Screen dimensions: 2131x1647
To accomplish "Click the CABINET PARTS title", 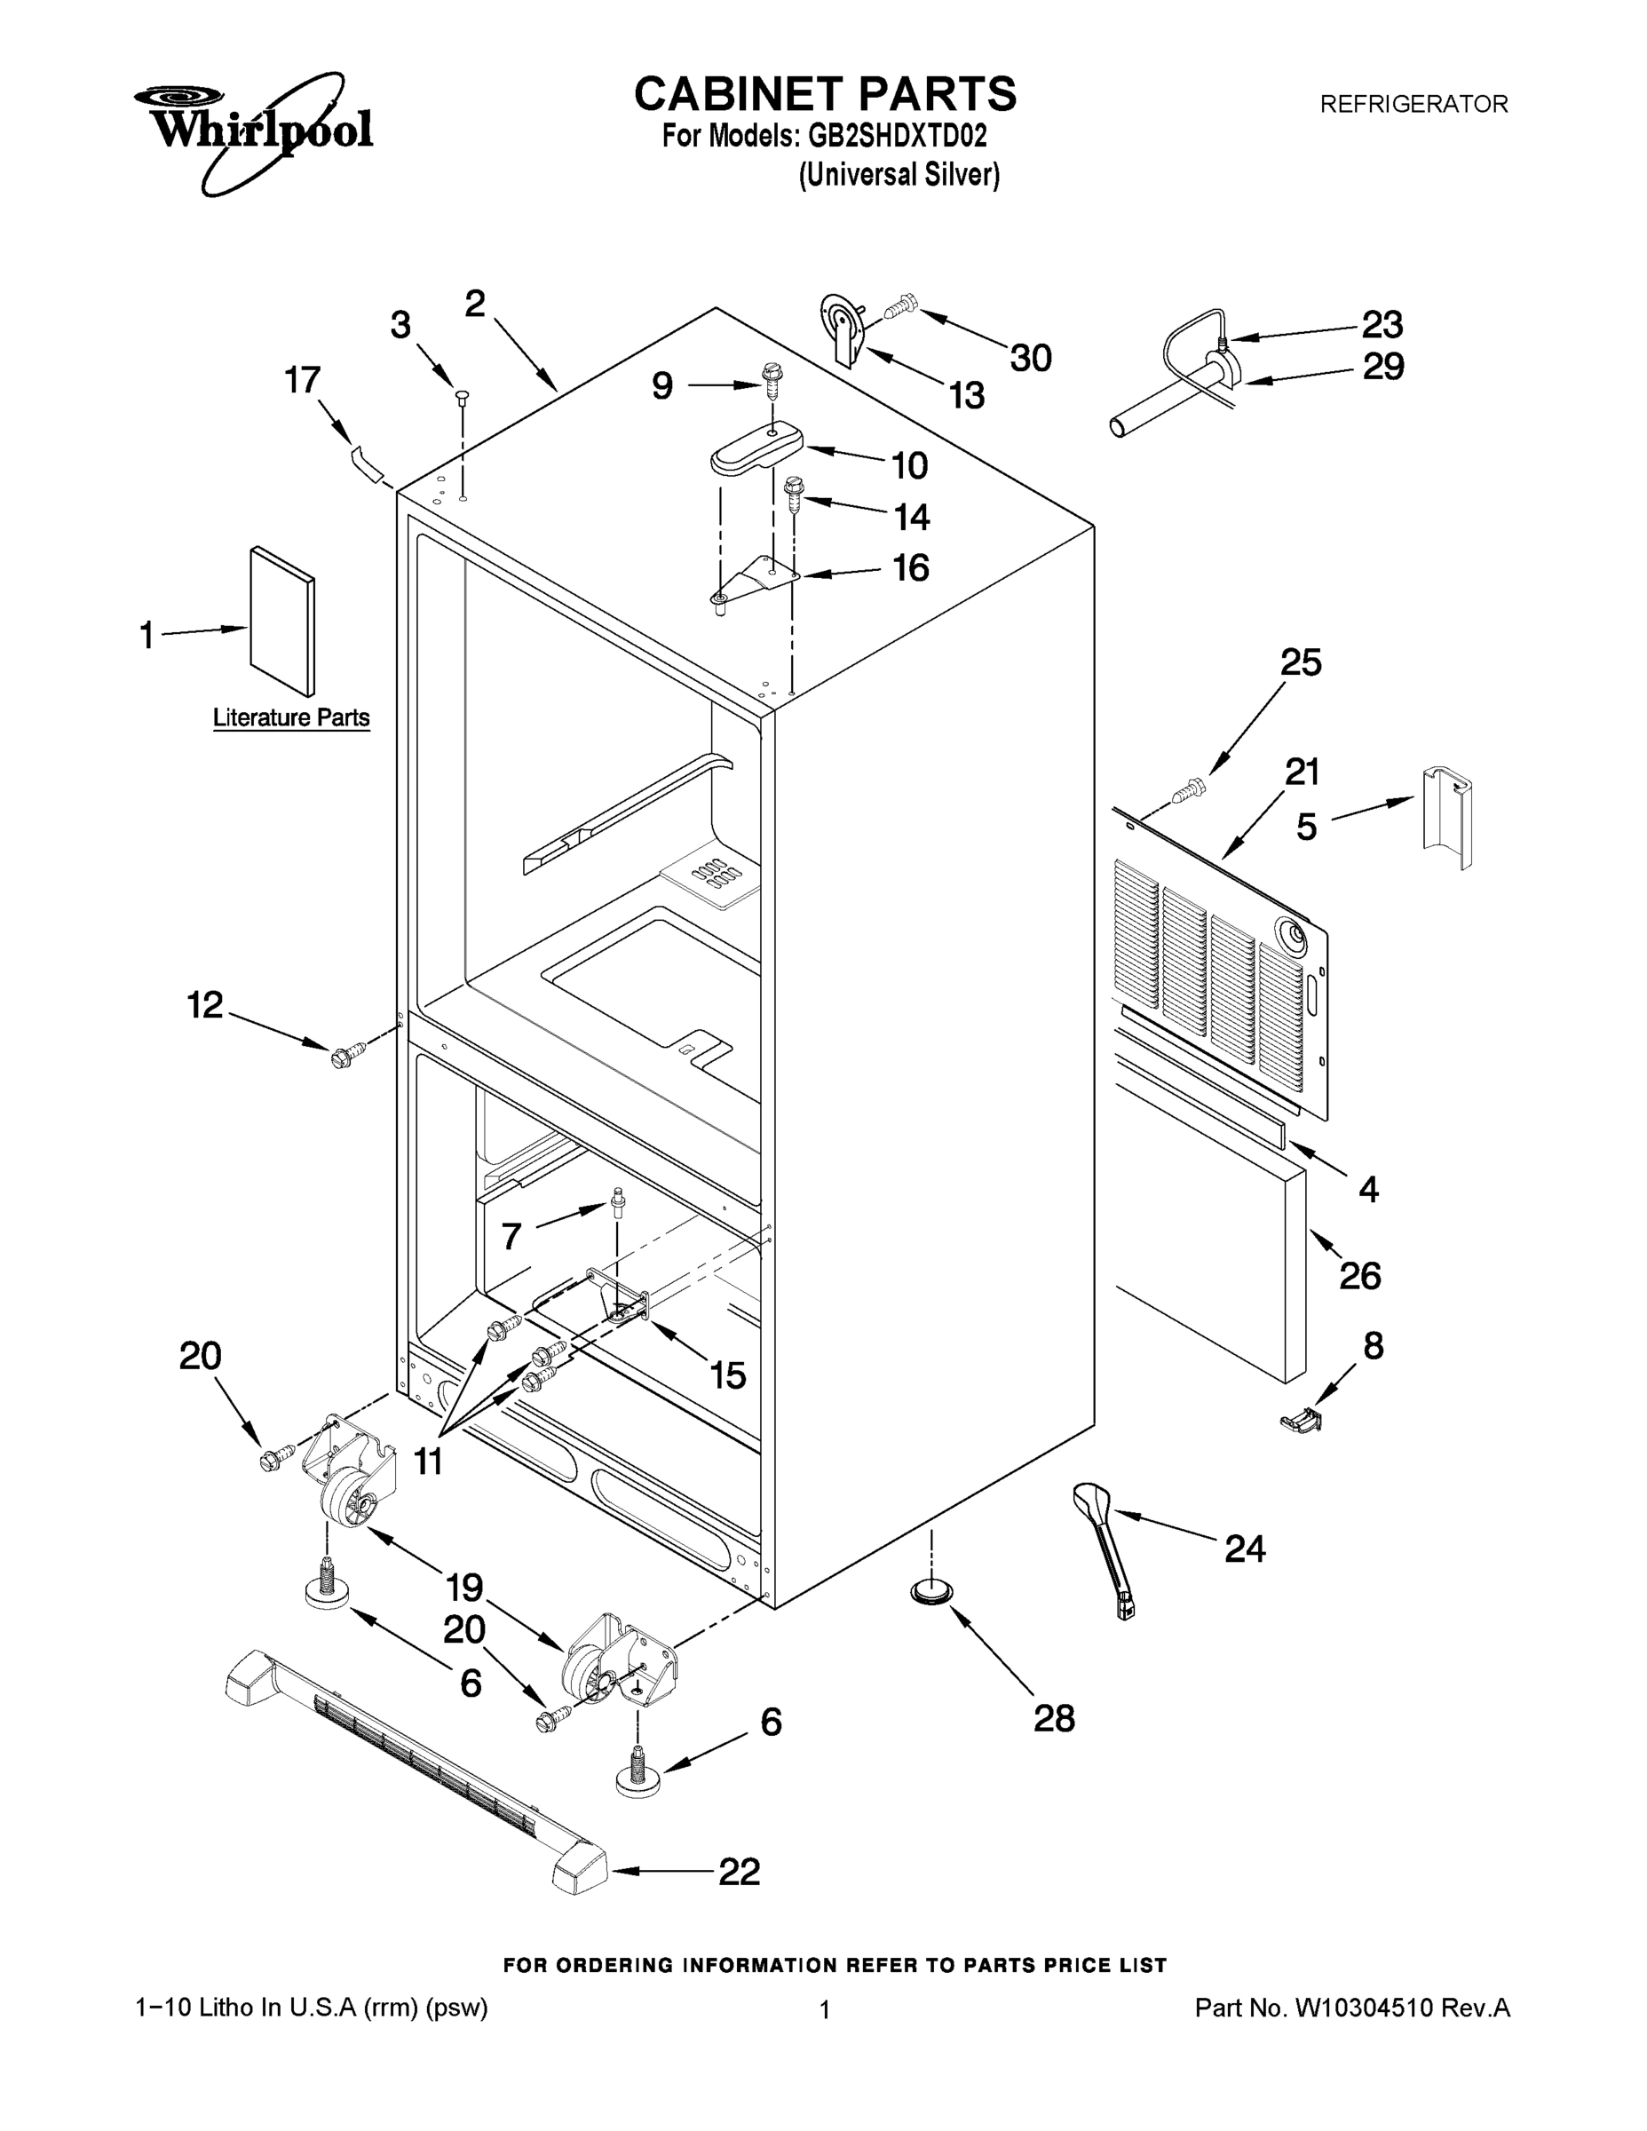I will click(x=825, y=95).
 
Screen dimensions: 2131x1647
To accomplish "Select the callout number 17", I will click(x=303, y=379).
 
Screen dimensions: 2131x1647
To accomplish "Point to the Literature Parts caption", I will click(x=290, y=718).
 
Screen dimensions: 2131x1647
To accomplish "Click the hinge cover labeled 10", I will click(x=756, y=450).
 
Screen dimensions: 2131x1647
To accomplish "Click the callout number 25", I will click(x=1301, y=662).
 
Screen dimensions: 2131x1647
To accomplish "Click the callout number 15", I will click(x=727, y=1374).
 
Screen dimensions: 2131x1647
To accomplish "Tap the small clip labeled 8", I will click(x=1301, y=1422).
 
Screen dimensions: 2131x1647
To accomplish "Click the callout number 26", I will click(x=1359, y=1275).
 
